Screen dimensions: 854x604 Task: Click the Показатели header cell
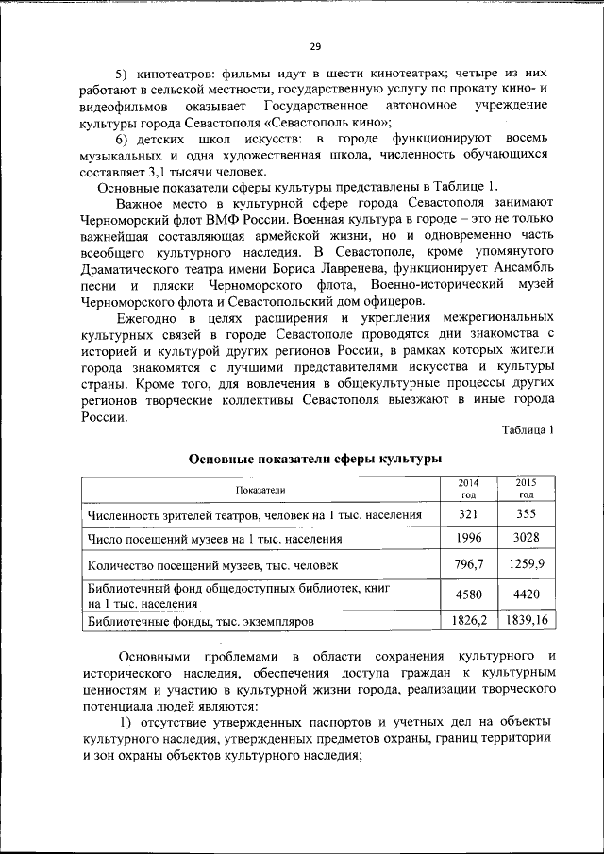pyautogui.click(x=260, y=490)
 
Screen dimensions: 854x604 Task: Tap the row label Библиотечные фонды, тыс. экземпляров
pyautogui.click(x=214, y=623)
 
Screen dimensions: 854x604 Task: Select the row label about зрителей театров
pyautogui.click(x=253, y=515)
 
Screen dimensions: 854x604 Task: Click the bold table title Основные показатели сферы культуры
pyautogui.click(x=315, y=460)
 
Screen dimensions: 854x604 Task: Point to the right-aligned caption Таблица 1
pyautogui.click(x=527, y=429)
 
